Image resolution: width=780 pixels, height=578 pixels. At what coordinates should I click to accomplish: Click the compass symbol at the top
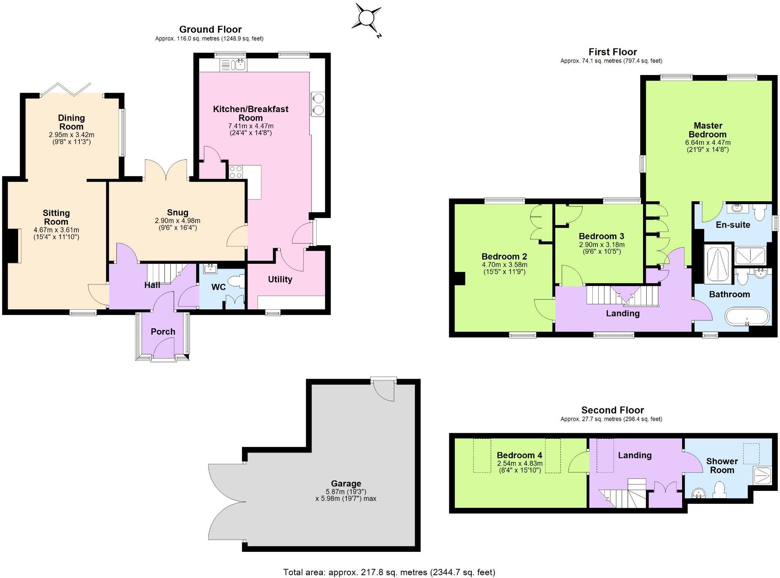click(x=366, y=18)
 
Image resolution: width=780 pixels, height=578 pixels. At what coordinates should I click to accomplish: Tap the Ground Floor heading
click(x=210, y=29)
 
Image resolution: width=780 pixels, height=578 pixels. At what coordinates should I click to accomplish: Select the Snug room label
click(x=177, y=213)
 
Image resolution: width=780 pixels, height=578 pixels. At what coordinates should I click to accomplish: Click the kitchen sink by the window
click(x=233, y=65)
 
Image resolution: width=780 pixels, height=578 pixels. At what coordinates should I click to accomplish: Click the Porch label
click(x=163, y=332)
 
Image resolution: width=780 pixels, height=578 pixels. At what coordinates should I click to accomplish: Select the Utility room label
click(x=280, y=279)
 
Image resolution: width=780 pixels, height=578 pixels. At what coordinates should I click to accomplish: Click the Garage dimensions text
click(x=346, y=495)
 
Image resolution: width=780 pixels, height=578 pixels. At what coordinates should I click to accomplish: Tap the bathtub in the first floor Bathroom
click(x=747, y=317)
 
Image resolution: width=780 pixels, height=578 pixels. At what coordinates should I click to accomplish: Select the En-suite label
click(x=733, y=225)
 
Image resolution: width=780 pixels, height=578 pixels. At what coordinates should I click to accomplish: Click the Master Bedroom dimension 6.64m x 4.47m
click(x=707, y=142)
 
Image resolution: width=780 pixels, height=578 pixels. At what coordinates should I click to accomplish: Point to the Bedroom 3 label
click(x=601, y=236)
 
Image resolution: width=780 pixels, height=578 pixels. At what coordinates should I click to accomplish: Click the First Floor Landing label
click(x=622, y=313)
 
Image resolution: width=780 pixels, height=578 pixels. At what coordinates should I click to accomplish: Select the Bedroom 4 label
click(x=519, y=455)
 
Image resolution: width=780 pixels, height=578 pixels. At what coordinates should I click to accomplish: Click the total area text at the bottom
click(x=389, y=572)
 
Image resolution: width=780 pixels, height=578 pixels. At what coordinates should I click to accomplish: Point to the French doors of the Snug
click(x=166, y=170)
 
